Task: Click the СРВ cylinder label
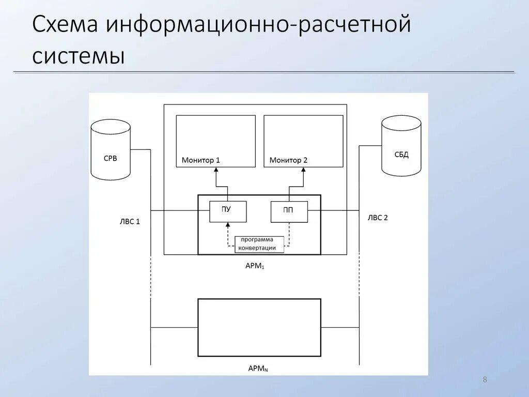coord(111,158)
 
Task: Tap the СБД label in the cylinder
coord(401,155)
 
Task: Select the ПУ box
coord(227,211)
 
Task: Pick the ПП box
coord(289,211)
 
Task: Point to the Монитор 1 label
coord(201,160)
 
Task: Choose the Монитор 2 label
coord(288,160)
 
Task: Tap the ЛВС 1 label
coord(130,221)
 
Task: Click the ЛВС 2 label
coord(378,218)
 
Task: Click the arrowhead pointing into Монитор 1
coord(216,171)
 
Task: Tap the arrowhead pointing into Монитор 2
coord(303,171)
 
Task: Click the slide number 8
coord(485,380)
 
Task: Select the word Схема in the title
coord(66,25)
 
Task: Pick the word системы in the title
coord(79,55)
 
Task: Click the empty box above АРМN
coord(259,327)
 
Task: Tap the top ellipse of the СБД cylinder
coord(401,123)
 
